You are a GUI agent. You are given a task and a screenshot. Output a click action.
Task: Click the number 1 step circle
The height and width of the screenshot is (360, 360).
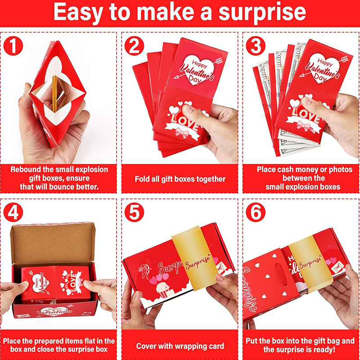pos(13,46)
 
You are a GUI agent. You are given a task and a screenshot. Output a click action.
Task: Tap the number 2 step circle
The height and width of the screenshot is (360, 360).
pos(134,46)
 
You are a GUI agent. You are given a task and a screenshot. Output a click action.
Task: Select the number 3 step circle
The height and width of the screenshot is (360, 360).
pos(256,46)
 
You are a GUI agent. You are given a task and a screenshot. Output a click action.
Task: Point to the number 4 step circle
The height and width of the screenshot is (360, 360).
pos(13,212)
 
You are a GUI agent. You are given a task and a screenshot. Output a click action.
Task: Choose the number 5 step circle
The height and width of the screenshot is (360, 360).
pos(134,212)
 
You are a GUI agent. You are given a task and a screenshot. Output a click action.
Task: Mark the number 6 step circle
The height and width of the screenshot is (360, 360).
pos(256,212)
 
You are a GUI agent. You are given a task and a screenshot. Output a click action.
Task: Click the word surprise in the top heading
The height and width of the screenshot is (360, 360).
pos(262,13)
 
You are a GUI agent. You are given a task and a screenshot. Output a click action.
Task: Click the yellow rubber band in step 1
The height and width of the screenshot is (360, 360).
pos(54,94)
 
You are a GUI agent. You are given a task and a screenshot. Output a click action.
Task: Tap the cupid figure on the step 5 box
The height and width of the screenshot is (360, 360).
pos(144,270)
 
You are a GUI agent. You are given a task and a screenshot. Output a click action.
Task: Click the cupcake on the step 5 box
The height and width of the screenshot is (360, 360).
pos(163,290)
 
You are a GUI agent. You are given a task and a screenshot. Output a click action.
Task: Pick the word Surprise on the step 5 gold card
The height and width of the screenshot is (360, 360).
pos(198,262)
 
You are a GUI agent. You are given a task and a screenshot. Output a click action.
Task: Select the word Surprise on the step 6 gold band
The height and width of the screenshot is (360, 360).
pos(310,263)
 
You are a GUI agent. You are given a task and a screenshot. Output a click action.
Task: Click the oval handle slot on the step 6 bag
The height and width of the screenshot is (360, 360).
pos(281,274)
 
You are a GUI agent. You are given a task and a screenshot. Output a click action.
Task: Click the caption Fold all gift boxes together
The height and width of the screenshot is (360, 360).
pos(180,179)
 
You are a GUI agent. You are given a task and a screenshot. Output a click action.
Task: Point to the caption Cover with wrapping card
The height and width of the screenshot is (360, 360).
pos(180,346)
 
